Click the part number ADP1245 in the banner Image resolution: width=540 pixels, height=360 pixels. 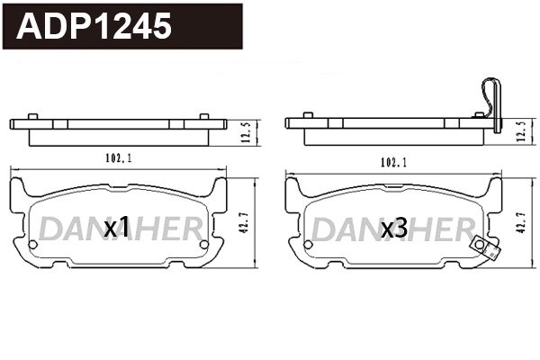tap(94, 26)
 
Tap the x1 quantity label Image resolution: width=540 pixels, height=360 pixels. tap(118, 229)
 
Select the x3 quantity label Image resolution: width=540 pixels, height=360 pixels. tap(394, 229)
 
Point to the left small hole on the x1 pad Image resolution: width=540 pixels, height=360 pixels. tap(33, 244)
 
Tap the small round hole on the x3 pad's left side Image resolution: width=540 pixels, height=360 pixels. tap(310, 244)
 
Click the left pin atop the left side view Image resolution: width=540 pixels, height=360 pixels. tap(33, 115)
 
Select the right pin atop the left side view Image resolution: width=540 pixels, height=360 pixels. tap(203, 115)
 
